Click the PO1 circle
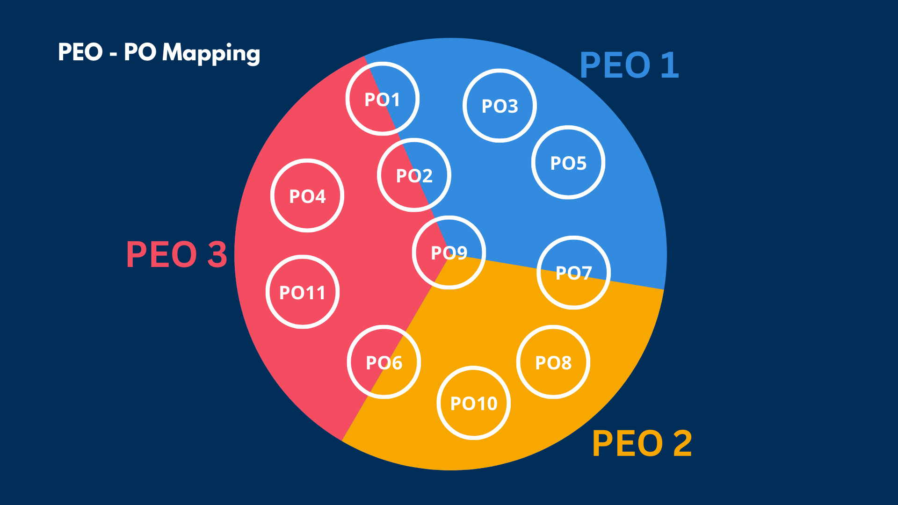(383, 99)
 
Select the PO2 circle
(414, 175)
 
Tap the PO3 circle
(500, 106)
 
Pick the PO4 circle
(307, 196)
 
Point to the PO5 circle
(568, 163)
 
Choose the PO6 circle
(384, 362)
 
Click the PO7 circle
(573, 273)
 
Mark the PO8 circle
(553, 362)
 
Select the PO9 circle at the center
(449, 252)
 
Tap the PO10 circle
(474, 403)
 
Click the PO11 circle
(303, 292)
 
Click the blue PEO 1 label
(629, 65)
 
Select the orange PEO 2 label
(642, 443)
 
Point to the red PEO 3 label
(176, 255)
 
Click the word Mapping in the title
(211, 53)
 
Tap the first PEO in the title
(80, 52)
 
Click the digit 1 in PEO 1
(671, 65)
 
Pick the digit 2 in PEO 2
(682, 443)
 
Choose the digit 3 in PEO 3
(217, 255)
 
